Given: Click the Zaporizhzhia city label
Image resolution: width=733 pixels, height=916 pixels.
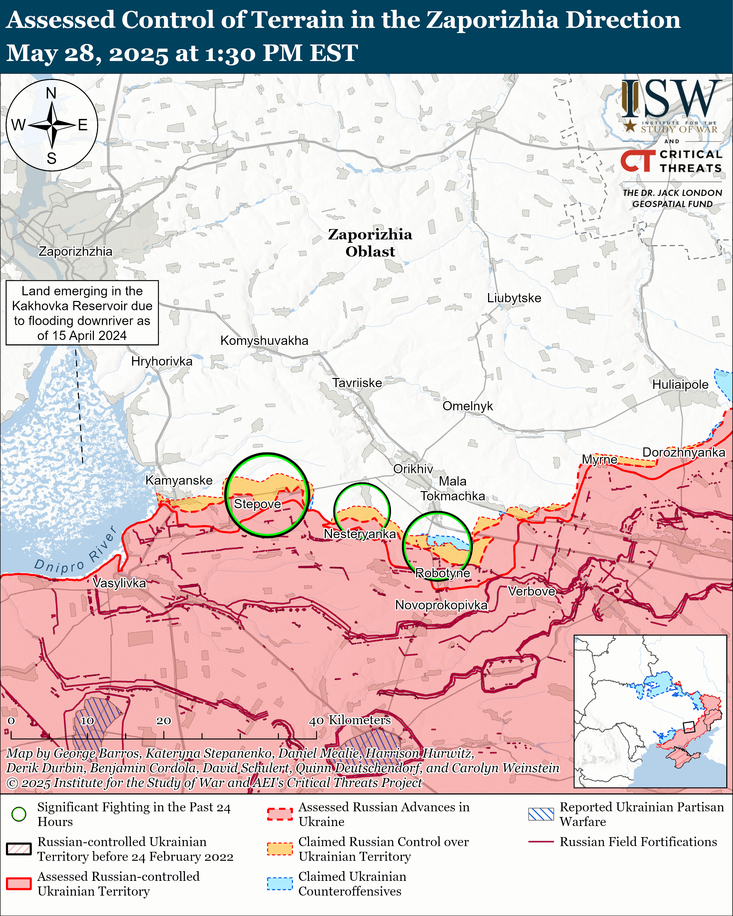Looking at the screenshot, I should (x=76, y=252).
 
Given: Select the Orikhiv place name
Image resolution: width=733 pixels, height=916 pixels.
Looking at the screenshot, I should (x=413, y=469).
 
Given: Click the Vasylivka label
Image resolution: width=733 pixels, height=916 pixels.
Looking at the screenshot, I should (x=119, y=583).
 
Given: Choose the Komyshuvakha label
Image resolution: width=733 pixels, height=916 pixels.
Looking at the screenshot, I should (x=264, y=341).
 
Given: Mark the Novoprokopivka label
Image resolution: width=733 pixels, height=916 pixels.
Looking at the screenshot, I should (x=441, y=605).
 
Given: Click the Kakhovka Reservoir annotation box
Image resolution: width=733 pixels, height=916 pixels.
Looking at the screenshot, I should (x=82, y=313).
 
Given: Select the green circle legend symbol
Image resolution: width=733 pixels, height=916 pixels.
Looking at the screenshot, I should (x=19, y=814).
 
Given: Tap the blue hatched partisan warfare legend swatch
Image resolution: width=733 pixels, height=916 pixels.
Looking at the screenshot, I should (x=541, y=814).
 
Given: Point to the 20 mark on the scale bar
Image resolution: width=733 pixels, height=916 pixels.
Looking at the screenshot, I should (x=164, y=721).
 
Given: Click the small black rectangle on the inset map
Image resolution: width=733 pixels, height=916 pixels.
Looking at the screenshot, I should (x=688, y=727).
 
